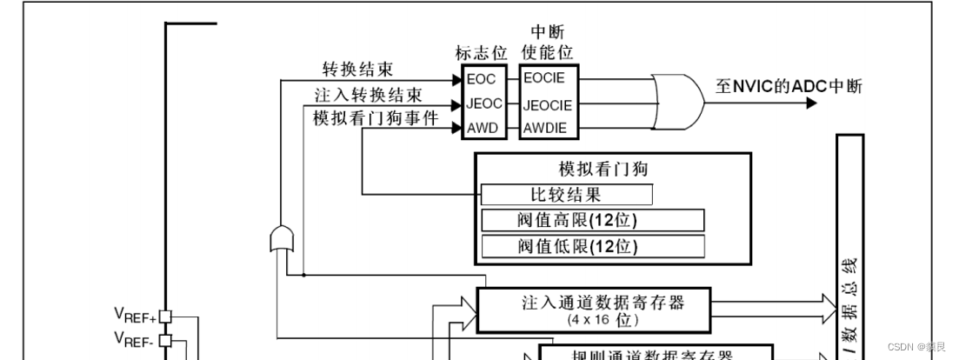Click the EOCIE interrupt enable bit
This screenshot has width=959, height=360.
[544, 78]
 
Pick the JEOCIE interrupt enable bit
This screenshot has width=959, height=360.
[547, 104]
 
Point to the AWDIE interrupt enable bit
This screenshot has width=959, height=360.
[544, 129]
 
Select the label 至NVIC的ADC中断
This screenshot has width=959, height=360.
[789, 86]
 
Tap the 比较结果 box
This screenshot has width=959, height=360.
[566, 193]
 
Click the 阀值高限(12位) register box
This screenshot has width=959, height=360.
[592, 219]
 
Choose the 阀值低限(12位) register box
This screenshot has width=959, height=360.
[592, 246]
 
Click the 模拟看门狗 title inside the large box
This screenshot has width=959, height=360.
[603, 169]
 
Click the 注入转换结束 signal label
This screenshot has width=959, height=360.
[369, 94]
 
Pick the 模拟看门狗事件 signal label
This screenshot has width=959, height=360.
[376, 118]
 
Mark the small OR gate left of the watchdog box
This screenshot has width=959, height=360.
[283, 238]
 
